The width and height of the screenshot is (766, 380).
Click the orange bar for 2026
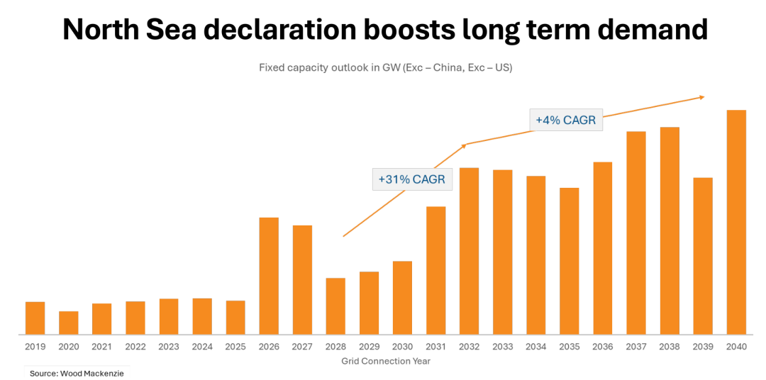coord(269,276)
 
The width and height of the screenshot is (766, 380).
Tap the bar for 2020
coord(69,323)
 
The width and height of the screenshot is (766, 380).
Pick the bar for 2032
coord(470,251)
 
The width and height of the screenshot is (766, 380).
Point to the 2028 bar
coord(335,306)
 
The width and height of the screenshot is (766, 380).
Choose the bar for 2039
coord(703,256)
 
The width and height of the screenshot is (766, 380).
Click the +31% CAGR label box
coord(411,179)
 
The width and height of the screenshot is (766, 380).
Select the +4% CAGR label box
coord(565,120)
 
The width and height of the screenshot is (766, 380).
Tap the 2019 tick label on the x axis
coord(35,347)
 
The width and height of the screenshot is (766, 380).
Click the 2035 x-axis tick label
coord(570,347)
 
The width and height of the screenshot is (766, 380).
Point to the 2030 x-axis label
coord(402,347)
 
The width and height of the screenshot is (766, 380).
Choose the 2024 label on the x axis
coord(202,347)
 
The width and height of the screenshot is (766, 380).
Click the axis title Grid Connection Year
coord(386,361)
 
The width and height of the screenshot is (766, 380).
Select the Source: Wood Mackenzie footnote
coord(77,373)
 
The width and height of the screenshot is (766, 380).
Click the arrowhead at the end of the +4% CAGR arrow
coord(701,96)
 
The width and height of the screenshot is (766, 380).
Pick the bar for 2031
coord(436,270)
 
